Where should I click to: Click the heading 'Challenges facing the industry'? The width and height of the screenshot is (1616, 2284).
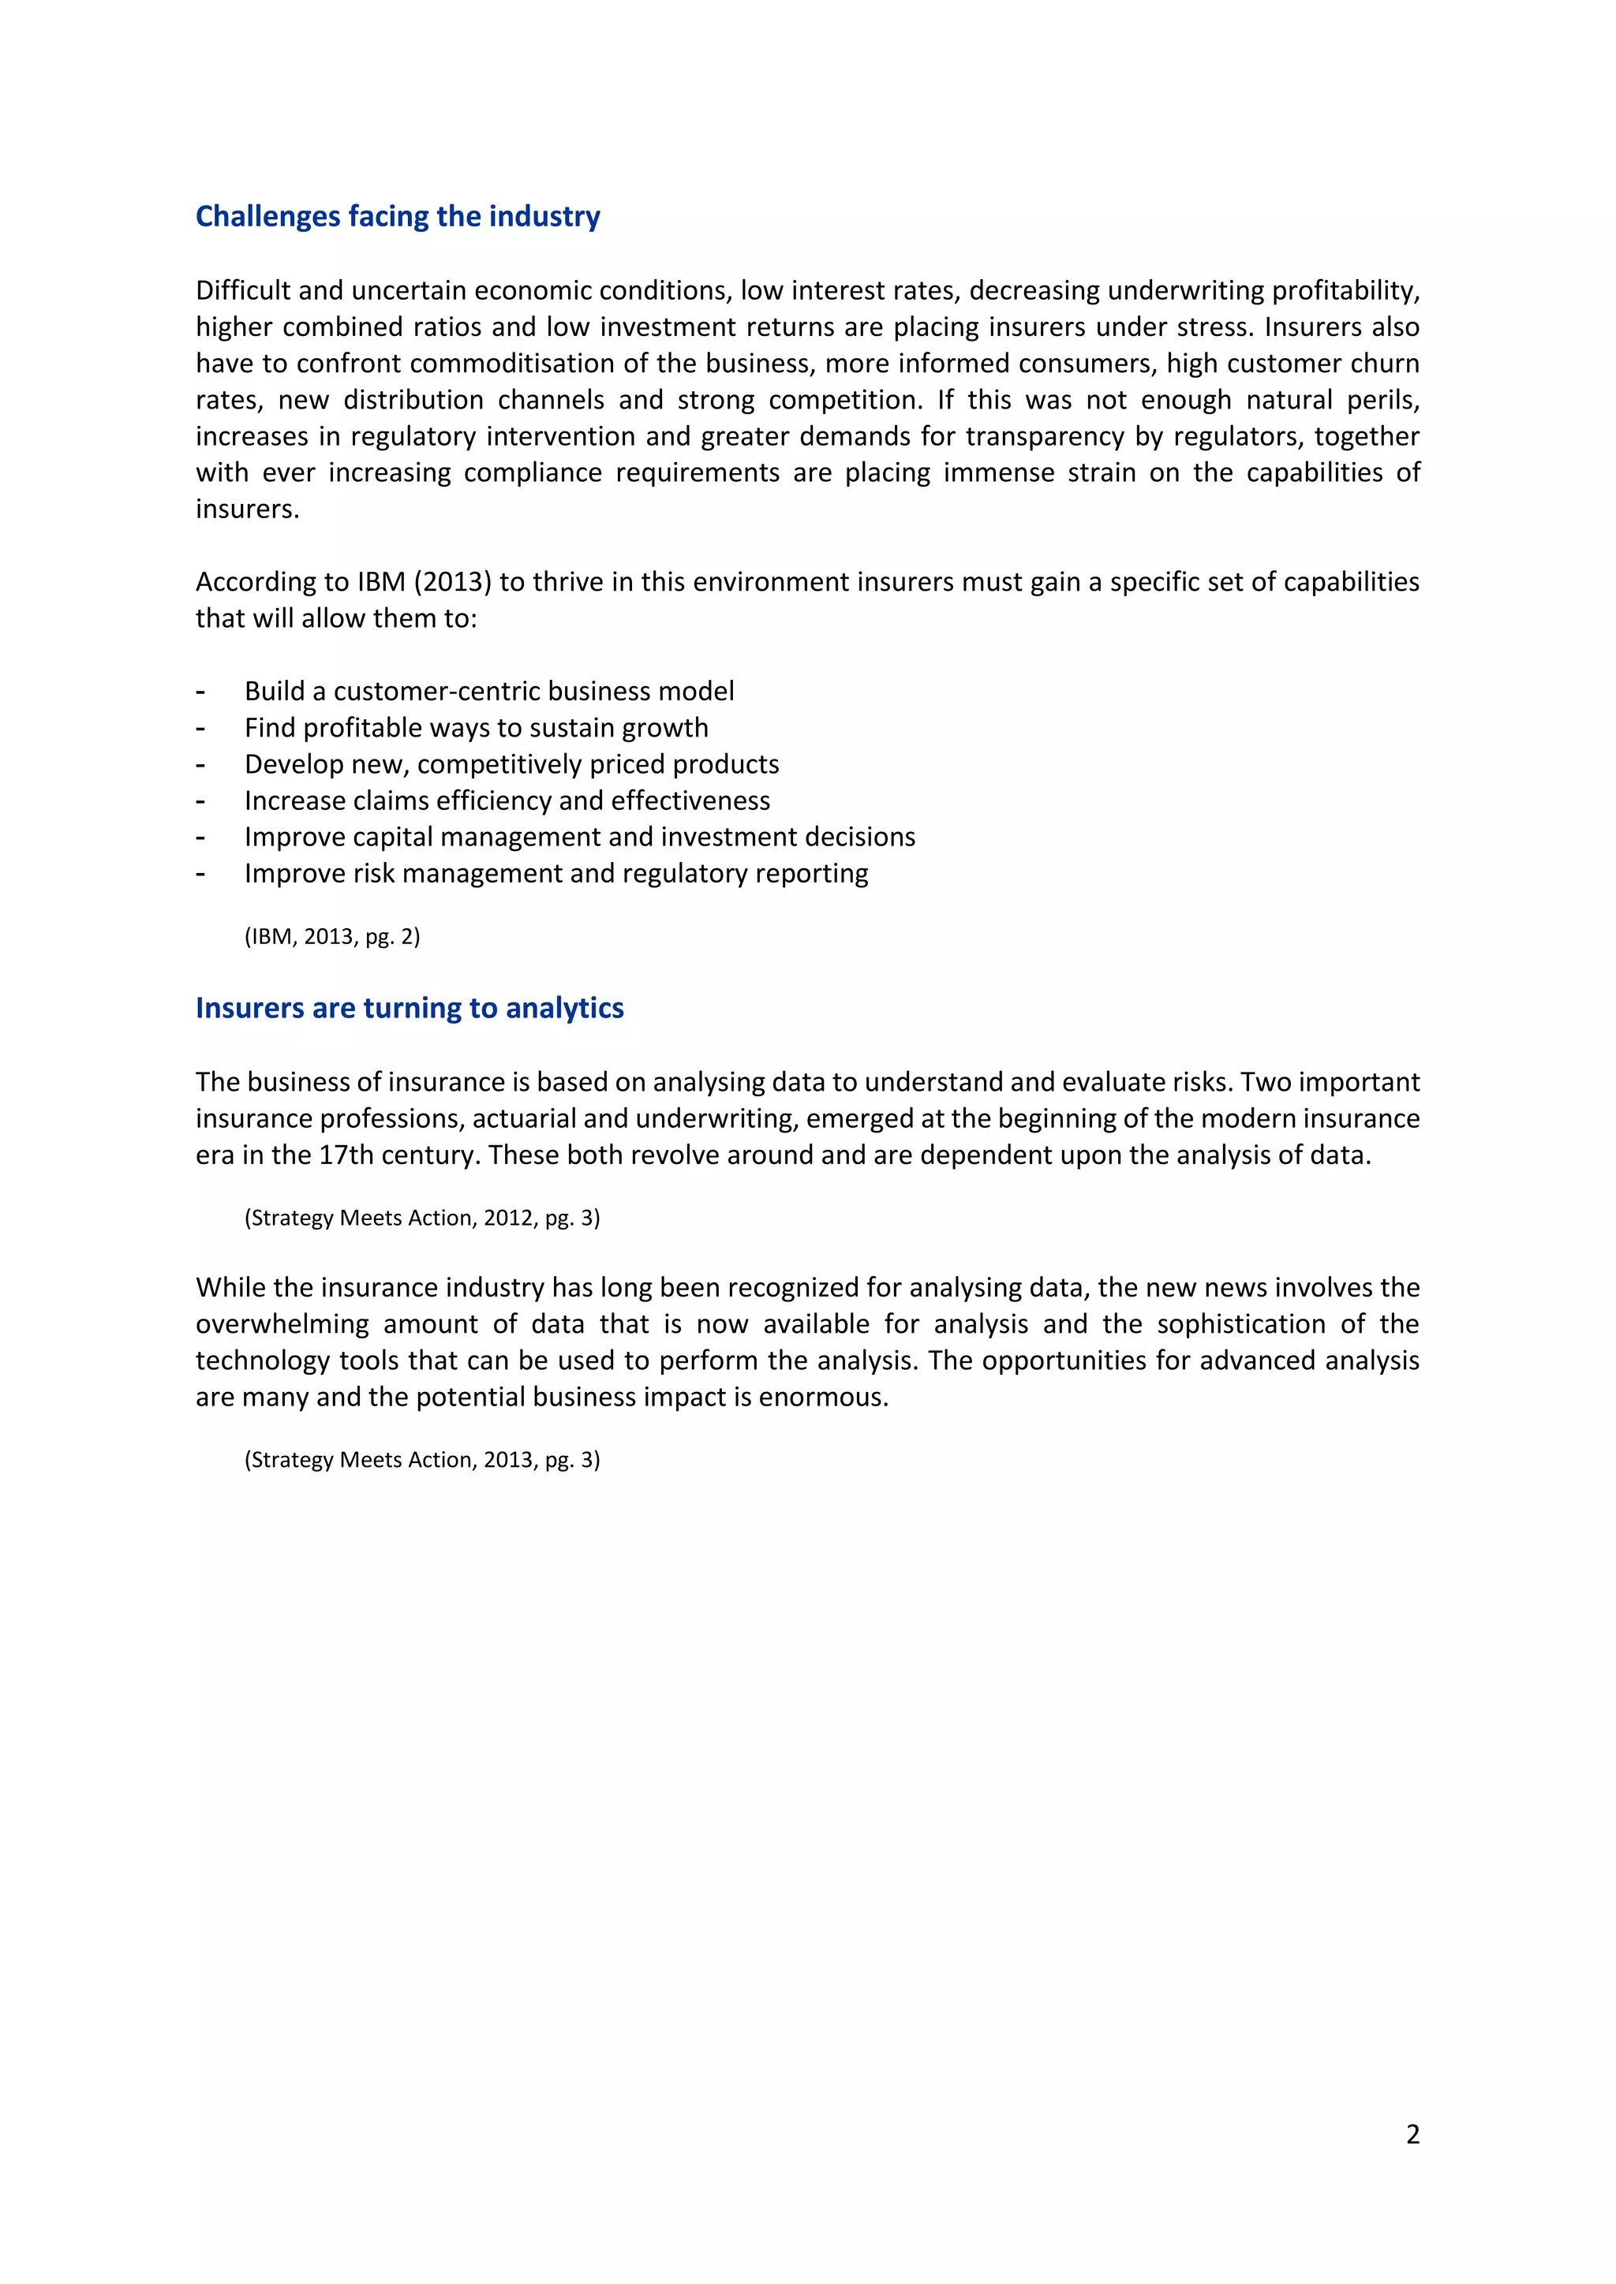point(397,217)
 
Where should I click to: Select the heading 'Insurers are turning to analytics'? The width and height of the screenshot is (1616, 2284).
point(409,1009)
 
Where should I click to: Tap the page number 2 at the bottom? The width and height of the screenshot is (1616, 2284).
point(1412,2134)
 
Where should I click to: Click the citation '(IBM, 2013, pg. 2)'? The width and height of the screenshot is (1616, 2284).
point(332,936)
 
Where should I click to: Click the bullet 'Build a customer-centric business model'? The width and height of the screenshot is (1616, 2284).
point(488,692)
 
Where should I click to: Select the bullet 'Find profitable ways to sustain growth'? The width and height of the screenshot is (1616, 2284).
point(476,728)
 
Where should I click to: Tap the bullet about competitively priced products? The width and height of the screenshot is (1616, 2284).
point(511,764)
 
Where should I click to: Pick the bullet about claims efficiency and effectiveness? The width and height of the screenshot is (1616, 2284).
point(507,801)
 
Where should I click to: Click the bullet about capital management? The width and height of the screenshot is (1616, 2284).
point(579,838)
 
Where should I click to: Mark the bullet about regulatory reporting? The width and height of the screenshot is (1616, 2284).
point(555,873)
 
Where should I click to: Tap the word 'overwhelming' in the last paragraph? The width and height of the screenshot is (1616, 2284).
point(282,1324)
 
